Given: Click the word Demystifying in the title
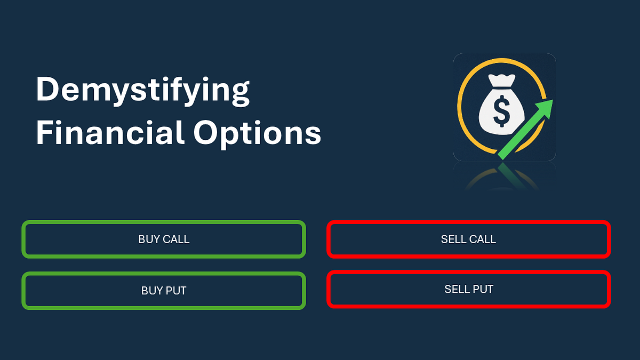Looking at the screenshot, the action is pos(143,91).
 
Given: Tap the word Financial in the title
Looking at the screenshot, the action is pos(109,133).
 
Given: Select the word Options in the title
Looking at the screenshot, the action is pos(258,134).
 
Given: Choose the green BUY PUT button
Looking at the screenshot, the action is pos(164,291).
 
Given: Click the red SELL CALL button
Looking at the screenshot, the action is pos(469,239).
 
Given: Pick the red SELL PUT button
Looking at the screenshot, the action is pos(469,289).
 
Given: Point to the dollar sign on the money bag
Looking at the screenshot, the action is pos(501,111).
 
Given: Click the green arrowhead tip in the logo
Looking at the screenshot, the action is pos(553,100).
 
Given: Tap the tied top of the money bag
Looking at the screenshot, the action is pos(502,81).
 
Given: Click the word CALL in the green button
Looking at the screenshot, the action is pos(175,239).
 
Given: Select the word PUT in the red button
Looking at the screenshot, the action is pos(483,290).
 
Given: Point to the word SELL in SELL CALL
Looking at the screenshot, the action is pos(453,239).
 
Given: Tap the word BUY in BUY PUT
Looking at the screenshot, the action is pos(151,291).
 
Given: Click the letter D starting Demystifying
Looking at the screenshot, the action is pos(47,89).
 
